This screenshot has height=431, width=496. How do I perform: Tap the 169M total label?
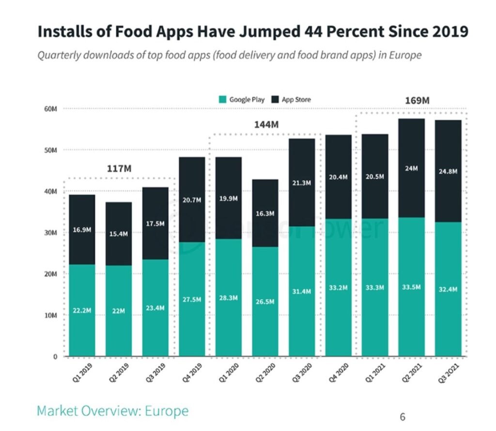[x=418, y=101]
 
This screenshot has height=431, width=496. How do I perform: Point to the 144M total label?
[x=266, y=124]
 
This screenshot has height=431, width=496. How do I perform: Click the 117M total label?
[x=119, y=169]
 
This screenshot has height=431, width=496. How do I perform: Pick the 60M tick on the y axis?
[x=51, y=109]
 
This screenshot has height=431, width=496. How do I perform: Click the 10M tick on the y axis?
[x=51, y=315]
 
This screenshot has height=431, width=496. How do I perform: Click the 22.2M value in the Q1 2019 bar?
[x=82, y=310]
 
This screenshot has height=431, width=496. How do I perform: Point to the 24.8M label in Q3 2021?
[x=447, y=171]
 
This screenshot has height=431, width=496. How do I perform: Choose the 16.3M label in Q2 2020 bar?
[x=265, y=214]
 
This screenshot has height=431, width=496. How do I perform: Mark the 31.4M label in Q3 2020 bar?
[x=302, y=292]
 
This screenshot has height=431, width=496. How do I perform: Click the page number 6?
[x=402, y=416]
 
